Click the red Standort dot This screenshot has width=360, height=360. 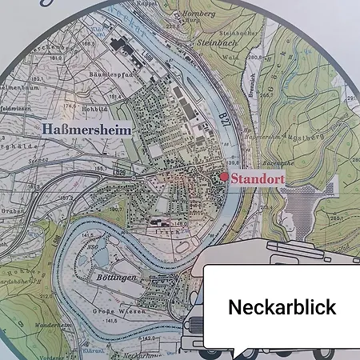[x=225, y=177]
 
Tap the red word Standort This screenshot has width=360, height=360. [x=258, y=179]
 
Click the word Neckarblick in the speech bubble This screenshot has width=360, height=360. [x=282, y=307]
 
